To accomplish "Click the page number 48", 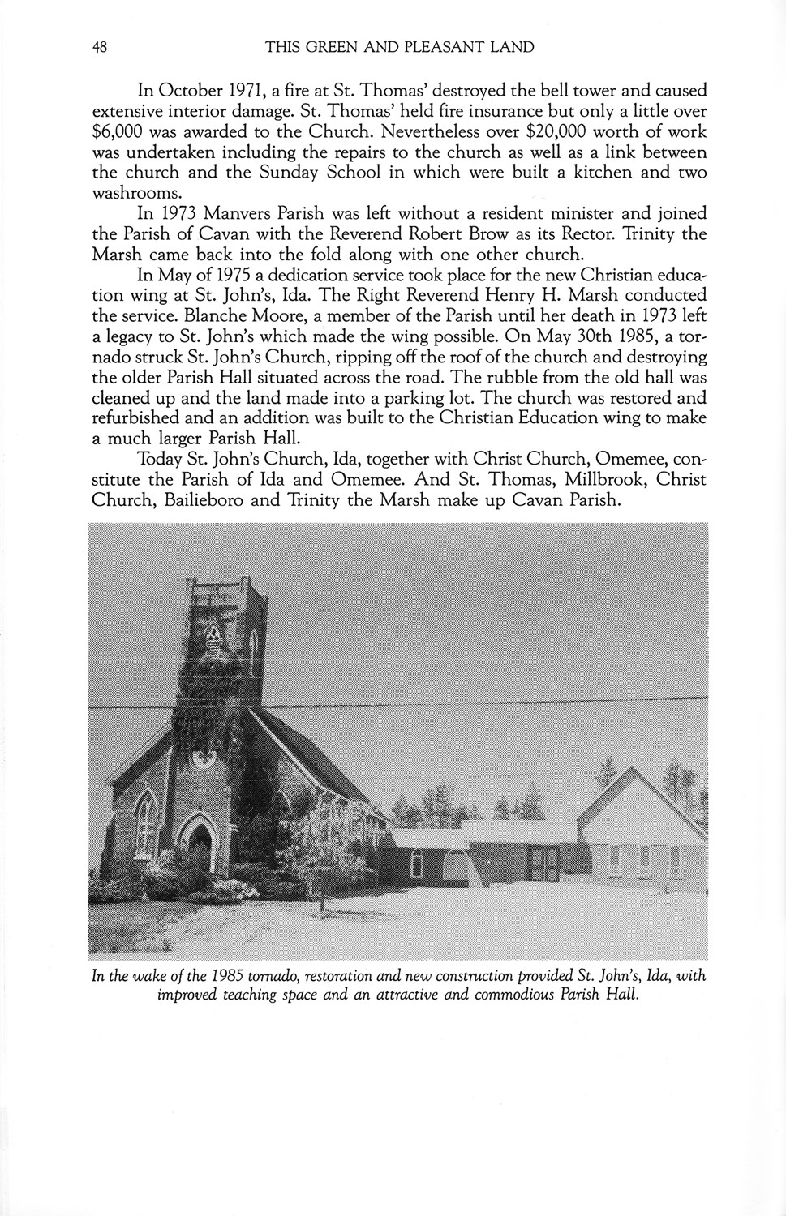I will [100, 47].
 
